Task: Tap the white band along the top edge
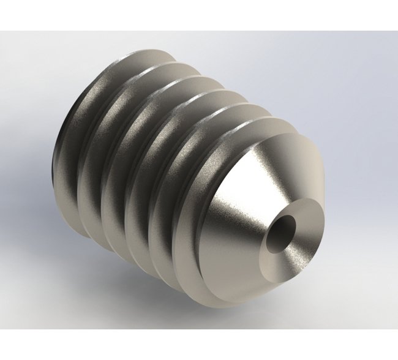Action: (199, 15)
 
